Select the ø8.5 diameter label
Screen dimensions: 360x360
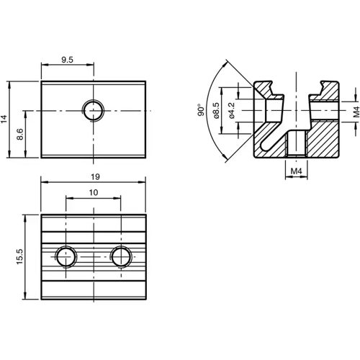tap(217, 110)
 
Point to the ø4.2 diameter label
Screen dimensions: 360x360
tap(231, 110)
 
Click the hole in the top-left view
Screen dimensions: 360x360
tap(92, 110)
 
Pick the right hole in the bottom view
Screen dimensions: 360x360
tap(121, 256)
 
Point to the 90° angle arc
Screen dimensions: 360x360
tap(208, 112)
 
